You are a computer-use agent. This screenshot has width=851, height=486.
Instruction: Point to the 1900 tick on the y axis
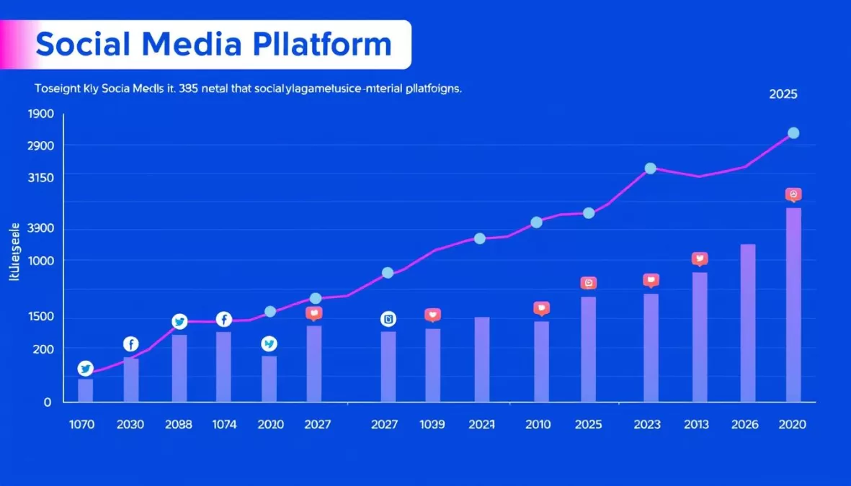[x=40, y=114]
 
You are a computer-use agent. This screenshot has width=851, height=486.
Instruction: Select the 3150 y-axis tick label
[x=40, y=177]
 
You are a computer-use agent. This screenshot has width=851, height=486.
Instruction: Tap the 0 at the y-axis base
[x=48, y=402]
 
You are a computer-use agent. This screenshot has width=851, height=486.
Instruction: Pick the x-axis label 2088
[x=179, y=425]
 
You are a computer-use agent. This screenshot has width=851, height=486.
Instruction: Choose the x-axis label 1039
[x=432, y=425]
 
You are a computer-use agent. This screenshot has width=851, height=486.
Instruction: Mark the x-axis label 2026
[x=746, y=425]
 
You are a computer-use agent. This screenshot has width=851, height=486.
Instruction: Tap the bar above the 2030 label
[x=131, y=379]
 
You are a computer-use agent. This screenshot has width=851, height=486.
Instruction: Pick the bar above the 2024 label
[x=482, y=359]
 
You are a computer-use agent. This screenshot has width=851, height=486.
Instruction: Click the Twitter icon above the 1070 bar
[x=85, y=369]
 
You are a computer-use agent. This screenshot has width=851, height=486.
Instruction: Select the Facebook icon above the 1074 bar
[x=224, y=319]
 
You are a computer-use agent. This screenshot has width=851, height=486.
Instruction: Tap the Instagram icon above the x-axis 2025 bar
[x=589, y=284]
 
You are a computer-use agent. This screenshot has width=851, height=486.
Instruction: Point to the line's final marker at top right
[x=793, y=132]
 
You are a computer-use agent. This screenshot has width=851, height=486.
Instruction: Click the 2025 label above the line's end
[x=783, y=94]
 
